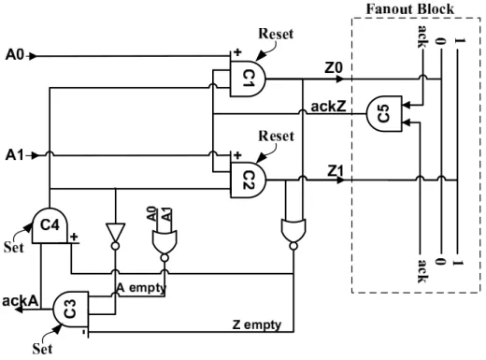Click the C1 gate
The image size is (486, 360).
pos(248,79)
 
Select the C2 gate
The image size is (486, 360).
pos(248,180)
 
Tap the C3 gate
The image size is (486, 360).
pos(71,310)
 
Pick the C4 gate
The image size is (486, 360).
pos(50,225)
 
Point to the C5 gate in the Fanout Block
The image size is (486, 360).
pos(384,114)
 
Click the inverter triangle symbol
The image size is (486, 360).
pos(115,233)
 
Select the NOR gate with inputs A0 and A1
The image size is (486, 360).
pos(164,242)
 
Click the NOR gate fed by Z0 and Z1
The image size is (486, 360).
pos(293,231)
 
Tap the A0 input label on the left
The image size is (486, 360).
pos(15,55)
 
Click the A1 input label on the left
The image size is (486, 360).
pos(15,155)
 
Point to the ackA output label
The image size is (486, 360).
pos(21,301)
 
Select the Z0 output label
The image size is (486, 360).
pos(334,67)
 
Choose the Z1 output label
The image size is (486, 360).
pos(336,171)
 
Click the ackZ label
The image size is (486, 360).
pos(328,107)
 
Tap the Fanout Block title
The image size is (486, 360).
pos(410,9)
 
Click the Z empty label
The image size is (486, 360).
pos(257,324)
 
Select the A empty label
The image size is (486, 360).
pos(141,288)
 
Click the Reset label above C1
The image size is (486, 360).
pos(276,34)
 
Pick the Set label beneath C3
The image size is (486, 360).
pos(42,349)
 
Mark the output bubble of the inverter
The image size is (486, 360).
pos(115,246)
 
